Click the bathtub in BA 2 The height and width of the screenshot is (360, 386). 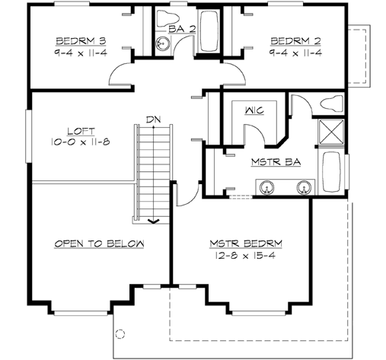[x=209, y=31]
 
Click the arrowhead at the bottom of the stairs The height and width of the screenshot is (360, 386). [x=154, y=221]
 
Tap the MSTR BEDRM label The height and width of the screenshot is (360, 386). [x=245, y=244]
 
